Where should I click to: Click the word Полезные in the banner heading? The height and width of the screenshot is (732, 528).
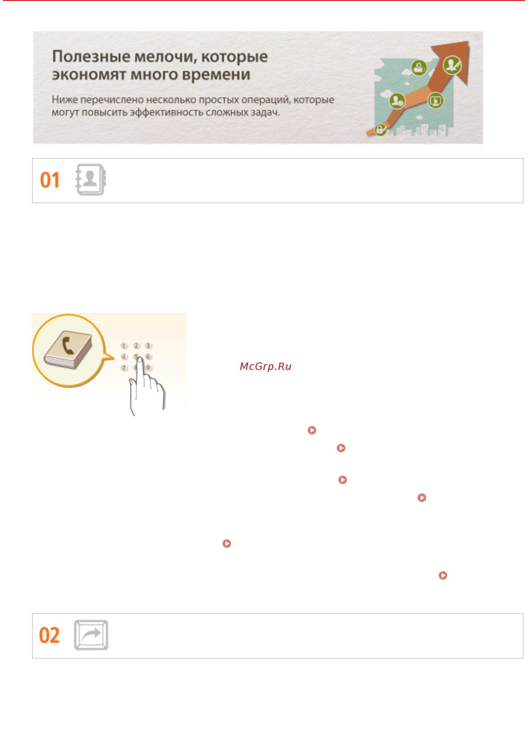pyautogui.click(x=91, y=57)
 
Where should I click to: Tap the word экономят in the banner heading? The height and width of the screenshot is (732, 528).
pyautogui.click(x=88, y=75)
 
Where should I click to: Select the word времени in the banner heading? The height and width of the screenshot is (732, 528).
pyautogui.click(x=216, y=75)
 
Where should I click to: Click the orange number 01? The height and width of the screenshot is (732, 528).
pyautogui.click(x=49, y=180)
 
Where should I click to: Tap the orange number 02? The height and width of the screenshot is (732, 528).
pyautogui.click(x=49, y=635)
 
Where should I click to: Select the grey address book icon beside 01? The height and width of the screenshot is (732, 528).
pyautogui.click(x=91, y=180)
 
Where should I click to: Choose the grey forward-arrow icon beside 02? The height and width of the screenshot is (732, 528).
pyautogui.click(x=91, y=635)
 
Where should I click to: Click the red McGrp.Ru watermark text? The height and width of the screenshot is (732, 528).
pyautogui.click(x=265, y=366)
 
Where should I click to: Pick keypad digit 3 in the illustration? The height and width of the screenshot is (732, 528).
pyautogui.click(x=148, y=346)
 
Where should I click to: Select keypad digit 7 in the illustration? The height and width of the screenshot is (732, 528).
pyautogui.click(x=124, y=368)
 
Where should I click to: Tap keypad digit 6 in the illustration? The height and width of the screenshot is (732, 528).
pyautogui.click(x=148, y=357)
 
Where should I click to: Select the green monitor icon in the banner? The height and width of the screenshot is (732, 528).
pyautogui.click(x=435, y=101)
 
